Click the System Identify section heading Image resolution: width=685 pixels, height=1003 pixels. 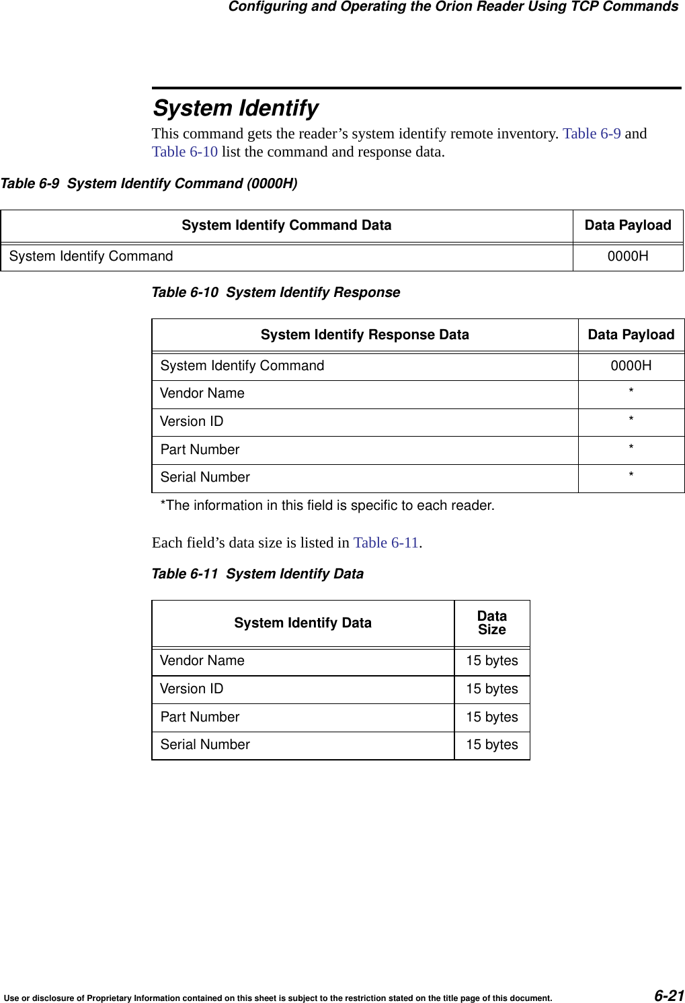tap(236, 108)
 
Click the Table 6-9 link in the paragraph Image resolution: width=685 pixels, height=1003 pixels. tap(592, 133)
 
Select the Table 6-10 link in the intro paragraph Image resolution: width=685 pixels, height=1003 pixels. tap(185, 152)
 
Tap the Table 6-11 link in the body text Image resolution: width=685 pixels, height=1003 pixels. tap(386, 542)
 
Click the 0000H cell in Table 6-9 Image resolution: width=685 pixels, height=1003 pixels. tap(628, 256)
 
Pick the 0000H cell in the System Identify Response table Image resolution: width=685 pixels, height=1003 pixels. tap(631, 365)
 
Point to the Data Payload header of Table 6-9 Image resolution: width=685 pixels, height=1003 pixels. tap(628, 225)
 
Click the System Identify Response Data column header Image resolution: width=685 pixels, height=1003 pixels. tap(364, 335)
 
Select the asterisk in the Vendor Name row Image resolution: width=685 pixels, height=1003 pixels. tap(631, 391)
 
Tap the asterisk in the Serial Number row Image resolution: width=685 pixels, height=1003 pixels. tap(631, 475)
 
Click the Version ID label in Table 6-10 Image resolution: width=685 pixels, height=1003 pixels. tap(192, 421)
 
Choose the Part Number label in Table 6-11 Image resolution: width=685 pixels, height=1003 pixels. tap(200, 717)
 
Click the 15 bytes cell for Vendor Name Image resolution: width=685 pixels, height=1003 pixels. tap(492, 660)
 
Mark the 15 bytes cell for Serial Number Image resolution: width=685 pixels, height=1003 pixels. tap(492, 744)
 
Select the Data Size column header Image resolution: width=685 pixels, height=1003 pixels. tap(492, 623)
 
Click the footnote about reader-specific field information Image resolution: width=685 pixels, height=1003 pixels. tap(327, 505)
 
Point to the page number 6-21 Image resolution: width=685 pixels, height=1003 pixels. tap(668, 995)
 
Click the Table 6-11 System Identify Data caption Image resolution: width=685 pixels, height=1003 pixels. tap(257, 574)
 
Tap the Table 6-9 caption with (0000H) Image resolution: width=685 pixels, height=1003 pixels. tap(149, 183)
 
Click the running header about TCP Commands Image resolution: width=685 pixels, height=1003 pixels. tap(453, 7)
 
